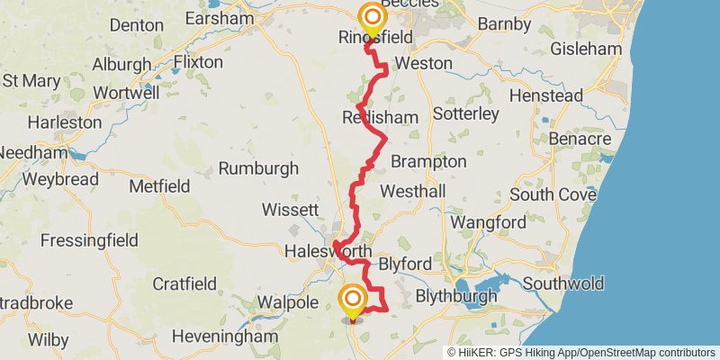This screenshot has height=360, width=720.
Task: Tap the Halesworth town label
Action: (x=324, y=251)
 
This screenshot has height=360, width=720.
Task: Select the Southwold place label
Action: (x=562, y=283)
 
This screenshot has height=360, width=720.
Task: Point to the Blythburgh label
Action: (x=456, y=296)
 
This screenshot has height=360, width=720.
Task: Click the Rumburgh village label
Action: (x=258, y=168)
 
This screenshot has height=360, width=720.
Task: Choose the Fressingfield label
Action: (x=89, y=240)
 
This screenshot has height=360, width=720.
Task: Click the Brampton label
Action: (x=428, y=162)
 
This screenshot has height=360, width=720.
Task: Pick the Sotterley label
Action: (x=465, y=114)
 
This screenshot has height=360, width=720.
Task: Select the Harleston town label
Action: (x=65, y=121)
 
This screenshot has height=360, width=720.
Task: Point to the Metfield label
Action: (x=159, y=186)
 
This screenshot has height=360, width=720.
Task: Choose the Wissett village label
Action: (x=290, y=210)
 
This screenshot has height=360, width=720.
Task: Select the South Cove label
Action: (x=553, y=194)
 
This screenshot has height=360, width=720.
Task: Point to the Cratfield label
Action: (x=184, y=284)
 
